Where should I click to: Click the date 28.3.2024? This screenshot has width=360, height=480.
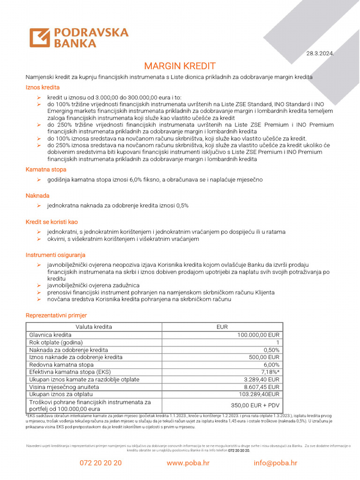click(x=321, y=53)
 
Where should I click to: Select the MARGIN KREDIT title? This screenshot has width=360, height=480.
click(x=180, y=66)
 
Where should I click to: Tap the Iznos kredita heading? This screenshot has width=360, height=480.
click(x=43, y=87)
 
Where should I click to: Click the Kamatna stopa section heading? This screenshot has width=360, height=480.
click(x=46, y=169)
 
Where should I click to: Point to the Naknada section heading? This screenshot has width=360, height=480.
click(x=37, y=195)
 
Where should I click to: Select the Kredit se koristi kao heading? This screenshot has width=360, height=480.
click(x=52, y=222)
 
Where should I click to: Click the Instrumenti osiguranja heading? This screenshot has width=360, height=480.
click(x=55, y=255)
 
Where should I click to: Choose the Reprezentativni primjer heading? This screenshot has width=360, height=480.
click(x=56, y=315)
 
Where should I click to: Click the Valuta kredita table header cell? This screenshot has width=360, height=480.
click(x=94, y=327)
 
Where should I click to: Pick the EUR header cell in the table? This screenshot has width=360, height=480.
click(x=222, y=327)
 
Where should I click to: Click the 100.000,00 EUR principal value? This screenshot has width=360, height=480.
click(x=259, y=335)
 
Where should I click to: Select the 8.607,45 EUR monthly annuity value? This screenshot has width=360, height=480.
click(x=262, y=387)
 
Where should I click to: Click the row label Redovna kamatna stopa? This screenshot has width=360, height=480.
click(x=61, y=365)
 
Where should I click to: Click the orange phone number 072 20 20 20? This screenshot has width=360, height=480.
click(x=101, y=463)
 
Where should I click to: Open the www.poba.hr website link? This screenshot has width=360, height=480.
click(x=188, y=463)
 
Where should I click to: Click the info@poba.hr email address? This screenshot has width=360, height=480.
click(x=275, y=463)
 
